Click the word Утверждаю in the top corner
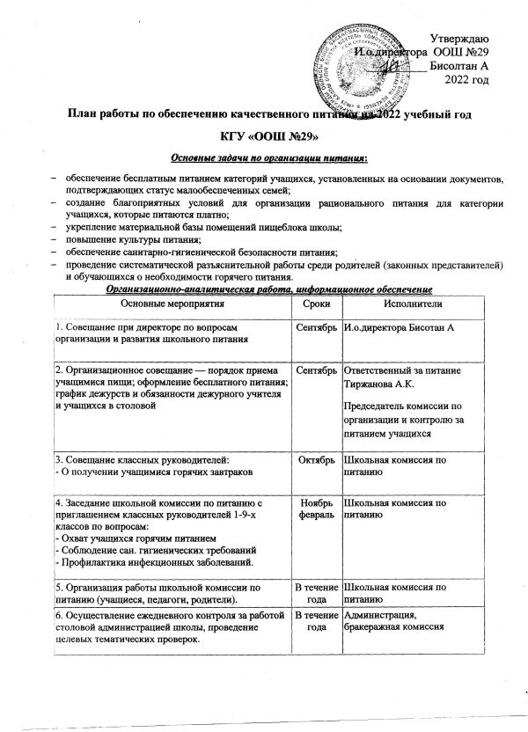tap(466, 36)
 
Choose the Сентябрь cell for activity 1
tap(315, 328)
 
